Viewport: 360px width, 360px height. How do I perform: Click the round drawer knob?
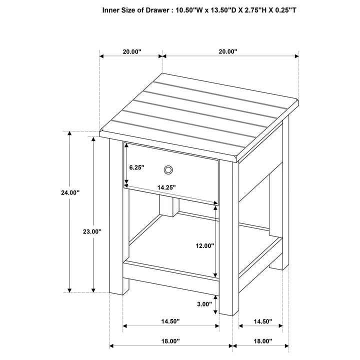(x=168, y=170)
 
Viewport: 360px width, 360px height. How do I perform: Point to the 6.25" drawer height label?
(x=136, y=168)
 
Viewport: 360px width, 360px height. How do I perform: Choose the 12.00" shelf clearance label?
(x=205, y=246)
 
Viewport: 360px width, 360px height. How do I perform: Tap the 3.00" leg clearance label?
(x=205, y=303)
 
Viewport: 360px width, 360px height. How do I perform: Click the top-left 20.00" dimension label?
(x=131, y=51)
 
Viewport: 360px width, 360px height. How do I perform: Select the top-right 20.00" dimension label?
(x=227, y=51)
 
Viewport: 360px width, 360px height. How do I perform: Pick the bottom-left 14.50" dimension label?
(x=171, y=321)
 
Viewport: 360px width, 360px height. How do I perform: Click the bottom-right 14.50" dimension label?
(x=262, y=321)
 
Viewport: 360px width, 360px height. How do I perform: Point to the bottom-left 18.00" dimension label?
(x=171, y=341)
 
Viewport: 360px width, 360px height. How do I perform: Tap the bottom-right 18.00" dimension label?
(x=262, y=341)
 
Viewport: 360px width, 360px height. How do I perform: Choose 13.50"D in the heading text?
(x=226, y=9)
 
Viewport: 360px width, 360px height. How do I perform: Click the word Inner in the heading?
(x=112, y=9)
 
